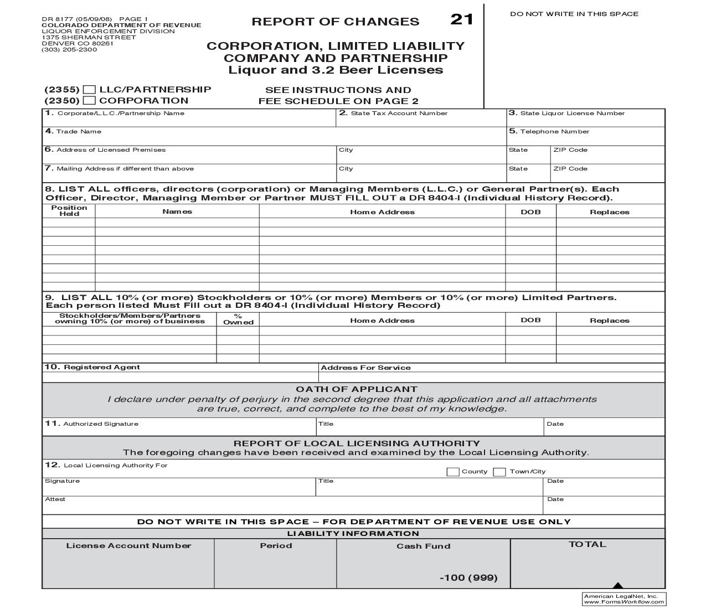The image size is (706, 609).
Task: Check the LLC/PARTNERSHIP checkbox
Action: [89, 90]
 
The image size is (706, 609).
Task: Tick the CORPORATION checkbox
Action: [89, 101]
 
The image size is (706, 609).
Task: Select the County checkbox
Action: [452, 472]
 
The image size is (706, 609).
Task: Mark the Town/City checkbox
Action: [499, 472]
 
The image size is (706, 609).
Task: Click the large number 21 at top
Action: [462, 19]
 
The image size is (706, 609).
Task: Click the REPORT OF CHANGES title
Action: [335, 22]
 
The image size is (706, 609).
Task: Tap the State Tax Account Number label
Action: [399, 113]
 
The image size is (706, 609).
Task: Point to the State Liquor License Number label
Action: [572, 113]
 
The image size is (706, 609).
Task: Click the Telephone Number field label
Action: [554, 132]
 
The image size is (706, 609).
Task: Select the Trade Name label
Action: [78, 132]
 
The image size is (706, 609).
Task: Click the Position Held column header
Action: [69, 210]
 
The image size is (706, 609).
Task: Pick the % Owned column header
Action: [238, 319]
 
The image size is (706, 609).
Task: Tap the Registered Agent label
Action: [101, 367]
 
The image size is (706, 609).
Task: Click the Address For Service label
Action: [365, 368]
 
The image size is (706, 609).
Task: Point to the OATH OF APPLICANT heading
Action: [356, 389]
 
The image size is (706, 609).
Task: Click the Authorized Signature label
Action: [100, 424]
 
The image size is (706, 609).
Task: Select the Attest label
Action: [55, 499]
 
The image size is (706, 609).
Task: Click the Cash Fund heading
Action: [423, 546]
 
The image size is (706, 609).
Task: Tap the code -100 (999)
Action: [468, 578]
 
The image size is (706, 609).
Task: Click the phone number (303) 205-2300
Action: [69, 50]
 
